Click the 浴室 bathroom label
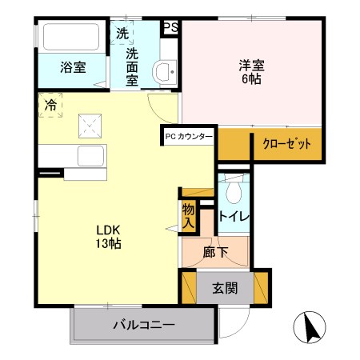click(74, 68)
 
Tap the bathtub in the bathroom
click(70, 38)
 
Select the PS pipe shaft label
click(170, 26)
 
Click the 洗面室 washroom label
click(133, 68)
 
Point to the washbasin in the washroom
click(166, 72)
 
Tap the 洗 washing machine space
click(122, 34)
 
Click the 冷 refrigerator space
click(50, 105)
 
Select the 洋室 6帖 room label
click(250, 71)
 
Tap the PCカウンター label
click(189, 137)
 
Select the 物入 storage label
click(188, 216)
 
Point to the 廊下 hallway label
click(216, 254)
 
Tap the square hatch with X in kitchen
click(88, 125)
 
